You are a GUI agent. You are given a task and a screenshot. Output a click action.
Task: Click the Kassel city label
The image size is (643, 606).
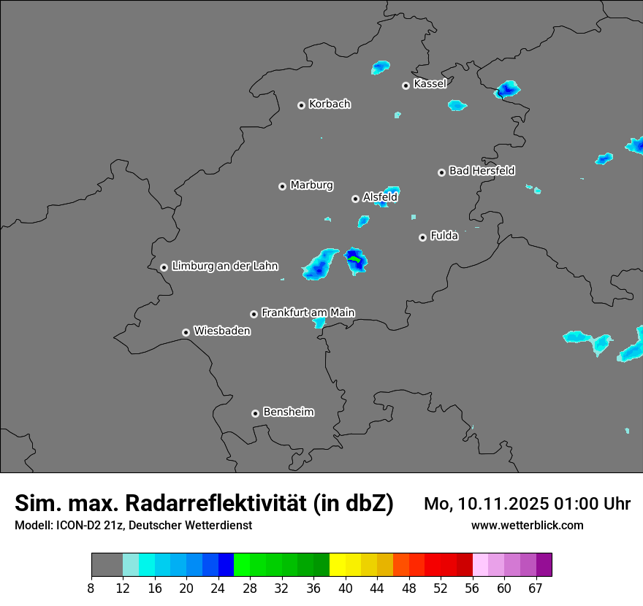point(430,84)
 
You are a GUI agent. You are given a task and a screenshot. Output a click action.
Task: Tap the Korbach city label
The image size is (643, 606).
point(330,104)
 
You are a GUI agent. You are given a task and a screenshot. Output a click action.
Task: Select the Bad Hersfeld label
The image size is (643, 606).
point(482,171)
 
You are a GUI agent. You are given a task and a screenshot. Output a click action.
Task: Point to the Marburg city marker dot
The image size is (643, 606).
point(282,186)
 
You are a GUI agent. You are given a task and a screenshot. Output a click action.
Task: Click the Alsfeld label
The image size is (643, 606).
point(380,197)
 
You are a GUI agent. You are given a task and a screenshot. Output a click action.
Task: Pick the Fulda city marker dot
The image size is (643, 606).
point(422,237)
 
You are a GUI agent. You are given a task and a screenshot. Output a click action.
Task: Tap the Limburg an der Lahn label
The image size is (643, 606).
point(225,266)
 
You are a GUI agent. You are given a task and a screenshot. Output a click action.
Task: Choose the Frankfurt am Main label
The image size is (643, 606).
point(308,312)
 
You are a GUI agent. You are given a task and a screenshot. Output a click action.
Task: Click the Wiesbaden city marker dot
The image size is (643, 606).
point(186,332)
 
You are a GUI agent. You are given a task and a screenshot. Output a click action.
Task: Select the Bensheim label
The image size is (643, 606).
point(288,412)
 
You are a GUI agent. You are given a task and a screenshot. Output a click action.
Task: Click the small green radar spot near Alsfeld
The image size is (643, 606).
point(354,258)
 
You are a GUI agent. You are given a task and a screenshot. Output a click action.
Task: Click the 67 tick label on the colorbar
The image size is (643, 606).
point(536,588)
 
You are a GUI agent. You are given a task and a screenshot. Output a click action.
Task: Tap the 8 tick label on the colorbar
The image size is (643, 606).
point(91,588)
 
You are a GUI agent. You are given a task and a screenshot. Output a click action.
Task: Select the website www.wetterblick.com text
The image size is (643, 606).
point(527,525)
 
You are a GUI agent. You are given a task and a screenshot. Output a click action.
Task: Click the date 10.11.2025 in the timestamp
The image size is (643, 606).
point(503,503)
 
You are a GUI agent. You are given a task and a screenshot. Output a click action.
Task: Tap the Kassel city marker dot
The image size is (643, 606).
point(406,85)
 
